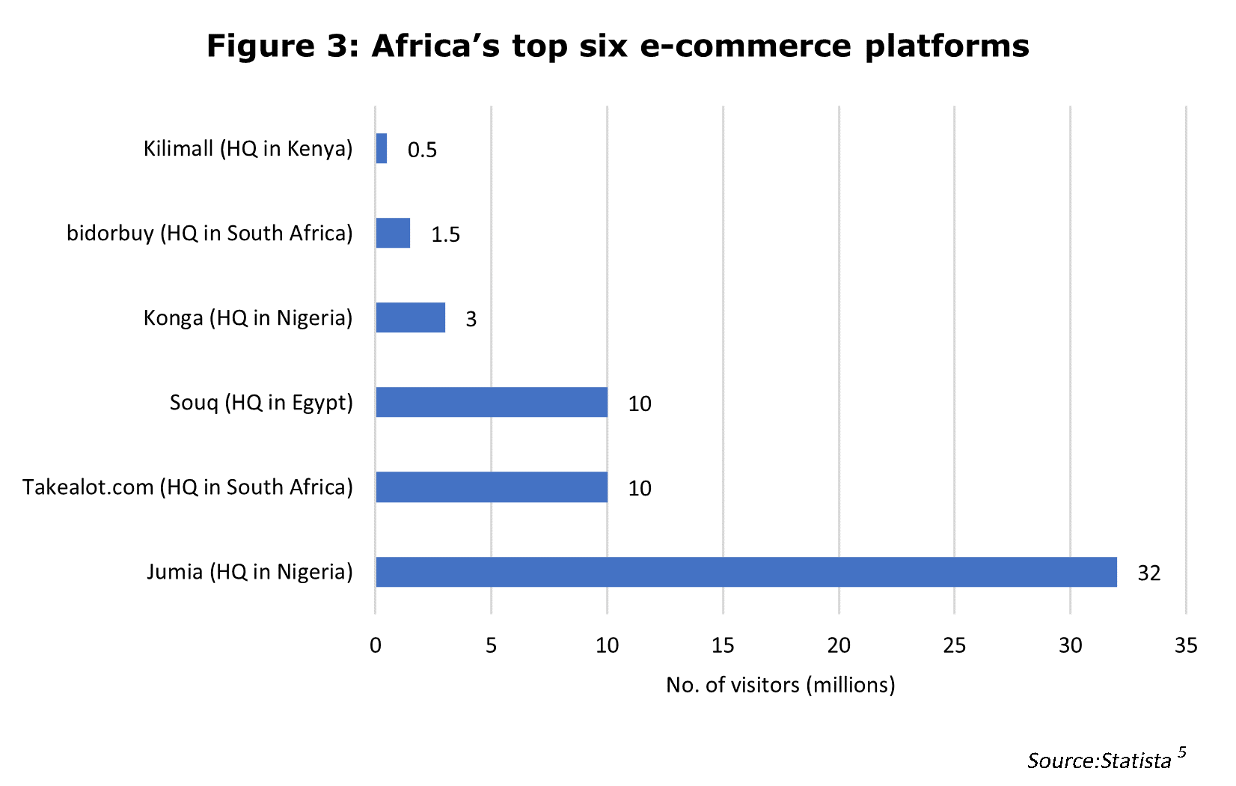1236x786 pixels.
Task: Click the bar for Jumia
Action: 746,572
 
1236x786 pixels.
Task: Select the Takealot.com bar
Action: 492,487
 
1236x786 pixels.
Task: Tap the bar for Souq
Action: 492,403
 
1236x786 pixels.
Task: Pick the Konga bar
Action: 411,318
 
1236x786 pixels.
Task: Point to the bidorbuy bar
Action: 393,234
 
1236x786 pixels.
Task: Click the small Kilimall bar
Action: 382,149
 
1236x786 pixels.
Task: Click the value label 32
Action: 1148,573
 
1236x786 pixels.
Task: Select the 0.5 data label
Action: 422,150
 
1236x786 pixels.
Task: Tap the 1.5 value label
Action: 445,235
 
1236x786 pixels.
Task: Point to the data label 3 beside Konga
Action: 471,320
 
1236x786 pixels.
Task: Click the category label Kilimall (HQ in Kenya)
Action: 248,149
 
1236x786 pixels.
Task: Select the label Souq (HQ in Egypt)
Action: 261,403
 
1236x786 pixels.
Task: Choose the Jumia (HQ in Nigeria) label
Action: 249,572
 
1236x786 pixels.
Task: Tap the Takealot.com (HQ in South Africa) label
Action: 187,487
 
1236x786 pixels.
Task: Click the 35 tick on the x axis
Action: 1186,645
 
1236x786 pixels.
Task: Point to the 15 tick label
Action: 723,645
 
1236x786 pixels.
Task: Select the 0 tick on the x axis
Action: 376,645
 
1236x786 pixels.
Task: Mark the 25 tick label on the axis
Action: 955,645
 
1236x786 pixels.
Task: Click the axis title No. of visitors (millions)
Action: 780,685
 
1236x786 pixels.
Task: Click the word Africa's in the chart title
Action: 435,46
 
